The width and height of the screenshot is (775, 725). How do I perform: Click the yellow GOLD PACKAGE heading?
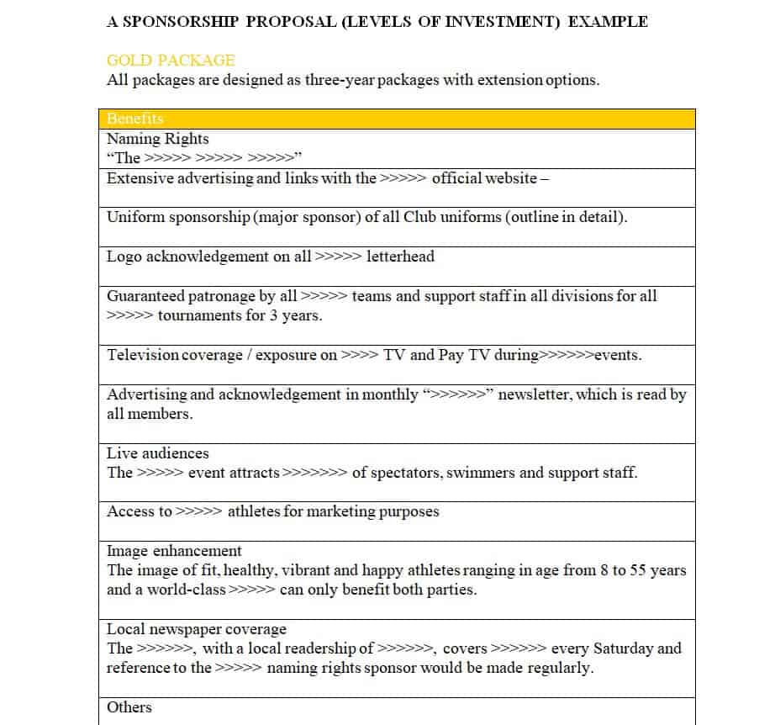pos(171,61)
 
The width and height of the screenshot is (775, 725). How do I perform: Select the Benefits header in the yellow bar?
pos(135,119)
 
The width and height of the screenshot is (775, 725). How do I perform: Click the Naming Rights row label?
pos(158,139)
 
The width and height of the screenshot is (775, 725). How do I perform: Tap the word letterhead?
pos(400,257)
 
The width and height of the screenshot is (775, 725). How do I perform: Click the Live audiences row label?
pos(158,453)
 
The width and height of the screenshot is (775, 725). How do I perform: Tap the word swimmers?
pos(481,473)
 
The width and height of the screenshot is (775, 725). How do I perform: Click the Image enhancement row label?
pos(174,551)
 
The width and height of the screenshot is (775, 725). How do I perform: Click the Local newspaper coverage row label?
pos(197,629)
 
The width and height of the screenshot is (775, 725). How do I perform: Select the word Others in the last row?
pos(129,707)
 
